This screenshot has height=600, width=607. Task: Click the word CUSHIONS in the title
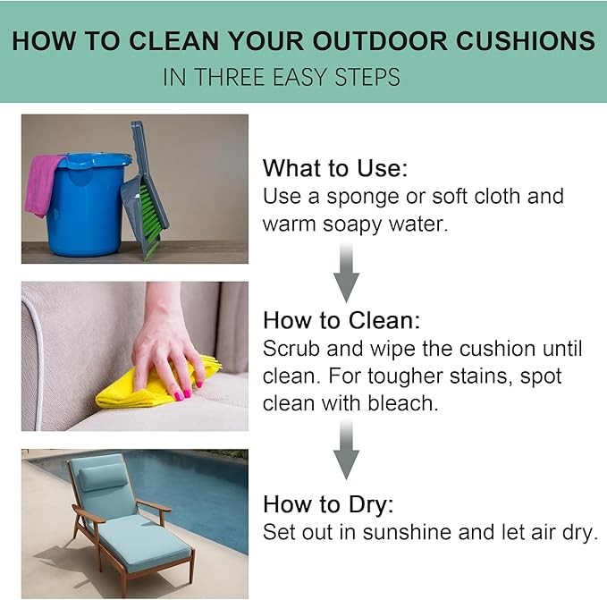click(526, 40)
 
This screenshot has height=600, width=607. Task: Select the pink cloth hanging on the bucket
click(43, 185)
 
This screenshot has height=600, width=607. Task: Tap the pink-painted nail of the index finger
click(180, 395)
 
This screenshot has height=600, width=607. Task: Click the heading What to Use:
click(335, 168)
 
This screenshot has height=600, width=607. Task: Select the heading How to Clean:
click(341, 320)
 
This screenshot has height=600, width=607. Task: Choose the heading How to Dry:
click(328, 504)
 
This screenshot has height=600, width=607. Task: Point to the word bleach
click(403, 403)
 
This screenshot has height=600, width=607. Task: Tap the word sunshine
click(408, 532)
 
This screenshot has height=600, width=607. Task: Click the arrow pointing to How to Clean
click(347, 273)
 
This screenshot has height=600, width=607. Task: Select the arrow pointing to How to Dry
click(347, 450)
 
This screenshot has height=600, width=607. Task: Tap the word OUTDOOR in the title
click(380, 40)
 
